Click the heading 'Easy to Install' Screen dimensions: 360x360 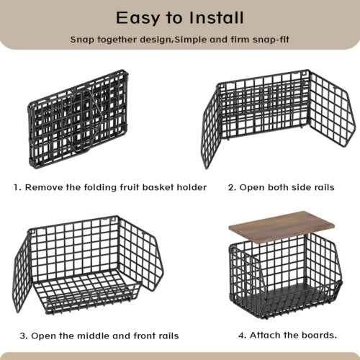(180, 17)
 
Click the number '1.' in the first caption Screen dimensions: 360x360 (17, 187)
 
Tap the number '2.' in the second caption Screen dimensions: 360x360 (232, 187)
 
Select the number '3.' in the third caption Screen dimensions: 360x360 (24, 336)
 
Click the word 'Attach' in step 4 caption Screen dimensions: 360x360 (263, 335)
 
